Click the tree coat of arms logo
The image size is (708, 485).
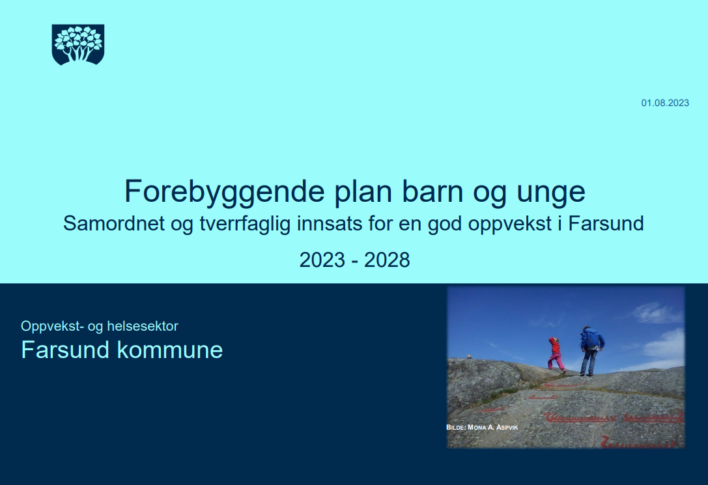(78, 44)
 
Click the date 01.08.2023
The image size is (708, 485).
(665, 103)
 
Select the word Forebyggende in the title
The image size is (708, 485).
(225, 192)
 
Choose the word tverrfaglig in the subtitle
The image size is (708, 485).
(245, 224)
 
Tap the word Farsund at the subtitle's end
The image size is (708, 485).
(606, 223)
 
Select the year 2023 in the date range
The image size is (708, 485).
(322, 260)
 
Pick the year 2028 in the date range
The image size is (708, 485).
(387, 260)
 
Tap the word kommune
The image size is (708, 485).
(170, 350)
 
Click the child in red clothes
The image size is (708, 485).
(556, 354)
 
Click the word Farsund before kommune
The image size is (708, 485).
(65, 350)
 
